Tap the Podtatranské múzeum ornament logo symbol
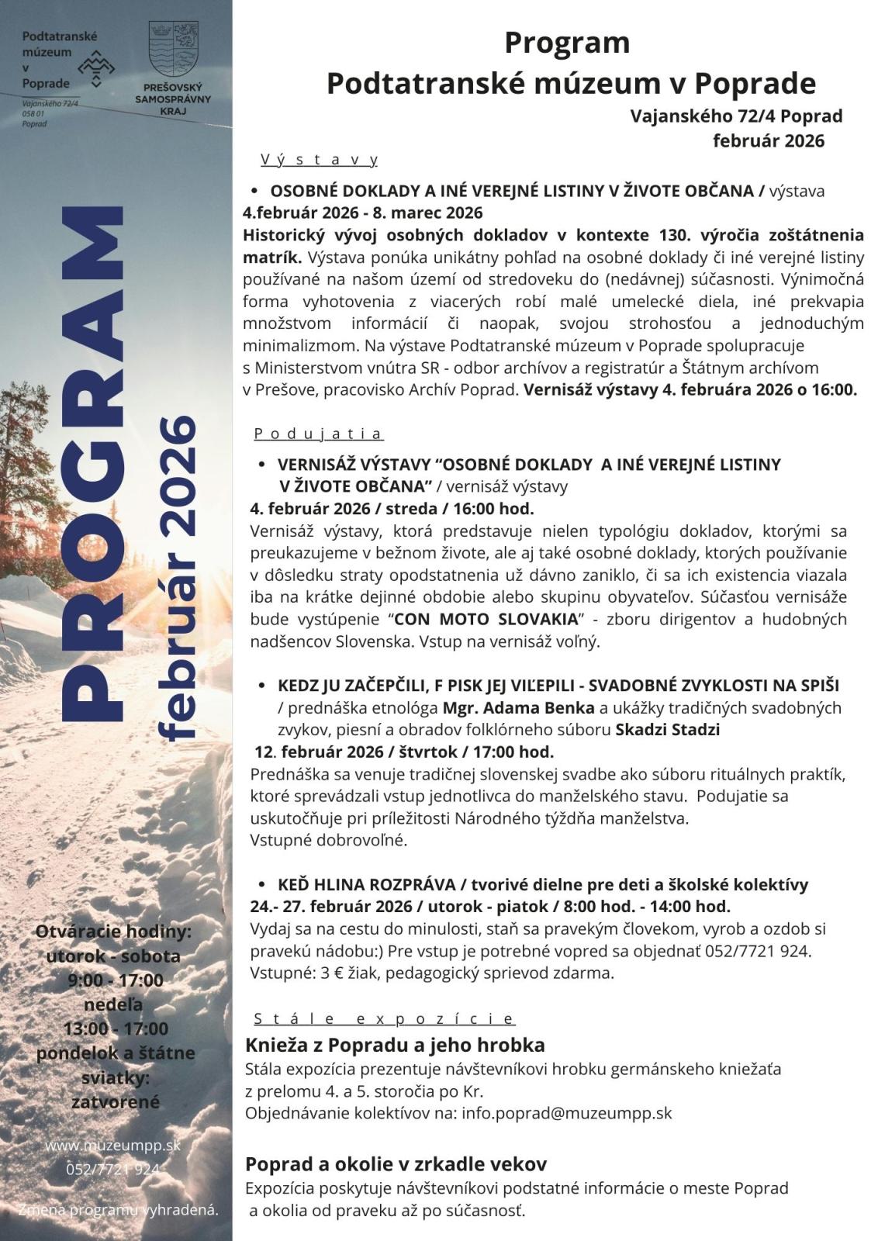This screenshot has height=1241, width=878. point(95,67)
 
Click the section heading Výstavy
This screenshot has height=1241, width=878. point(320,161)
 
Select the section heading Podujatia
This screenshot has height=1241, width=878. point(318,434)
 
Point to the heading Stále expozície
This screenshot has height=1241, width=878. point(384,1018)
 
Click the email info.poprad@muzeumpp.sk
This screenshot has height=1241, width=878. point(567,1113)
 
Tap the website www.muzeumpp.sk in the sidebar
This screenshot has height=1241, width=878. point(113,1145)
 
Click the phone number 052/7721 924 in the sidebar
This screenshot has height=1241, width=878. point(113,1170)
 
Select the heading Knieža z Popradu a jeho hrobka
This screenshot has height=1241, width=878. point(395,1045)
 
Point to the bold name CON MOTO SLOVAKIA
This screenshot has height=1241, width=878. point(486,620)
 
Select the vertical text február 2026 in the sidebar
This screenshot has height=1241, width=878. point(175,578)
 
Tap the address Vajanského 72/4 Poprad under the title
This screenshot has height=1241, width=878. point(736,117)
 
